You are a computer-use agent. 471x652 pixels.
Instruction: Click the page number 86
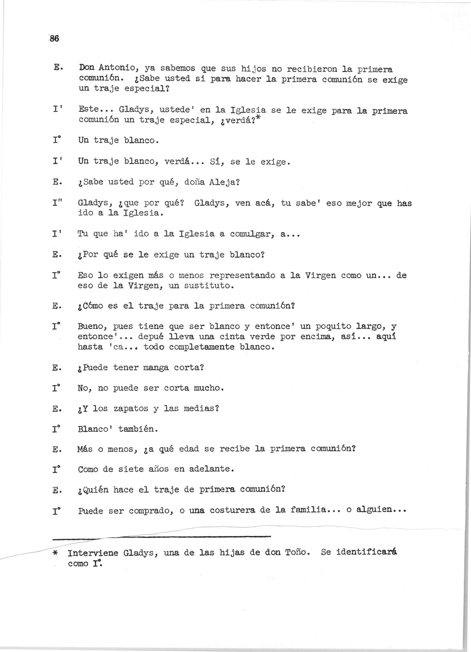click(x=54, y=38)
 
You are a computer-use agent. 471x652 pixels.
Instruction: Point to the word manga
click(x=156, y=368)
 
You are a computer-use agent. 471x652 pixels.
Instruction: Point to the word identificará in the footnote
click(x=366, y=552)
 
